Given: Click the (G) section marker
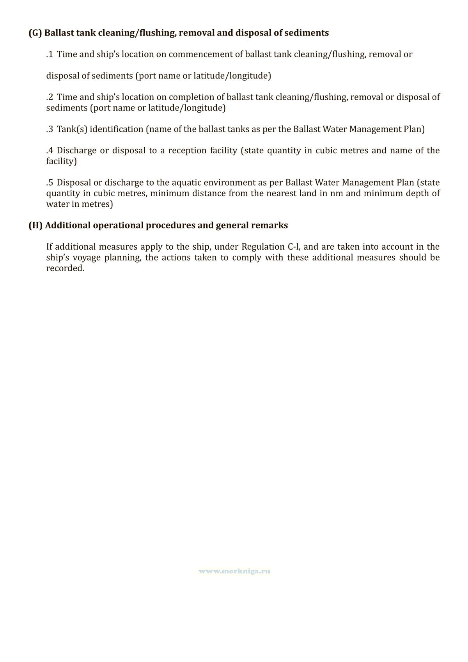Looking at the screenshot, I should [x=35, y=33].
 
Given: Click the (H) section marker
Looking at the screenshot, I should [x=35, y=225].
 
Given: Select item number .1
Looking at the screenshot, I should [x=50, y=54].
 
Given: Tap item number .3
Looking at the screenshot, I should [x=50, y=129].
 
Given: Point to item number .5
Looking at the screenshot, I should [x=50, y=183].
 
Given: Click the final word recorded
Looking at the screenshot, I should [x=65, y=268].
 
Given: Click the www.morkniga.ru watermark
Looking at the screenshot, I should [x=234, y=571].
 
